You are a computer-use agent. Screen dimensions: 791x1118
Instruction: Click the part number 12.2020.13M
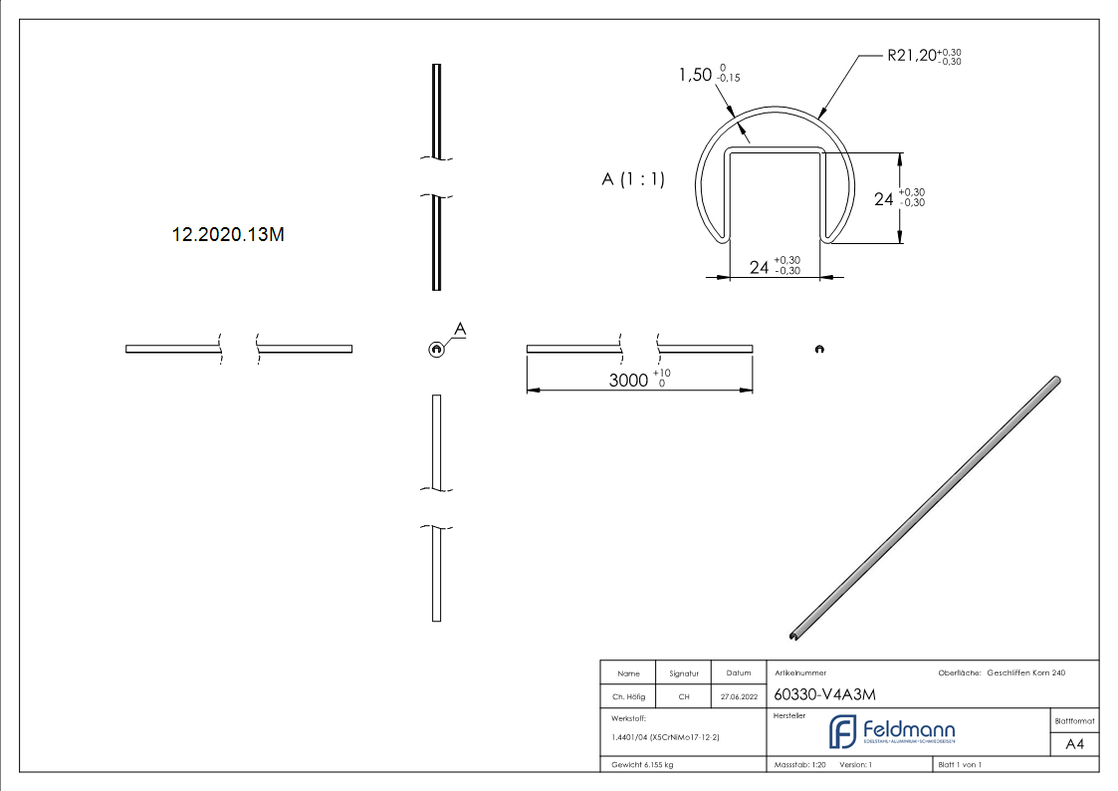pos(229,235)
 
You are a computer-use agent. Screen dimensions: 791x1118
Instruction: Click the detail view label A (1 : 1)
pos(633,179)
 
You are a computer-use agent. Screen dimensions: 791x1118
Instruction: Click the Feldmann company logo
pos(892,732)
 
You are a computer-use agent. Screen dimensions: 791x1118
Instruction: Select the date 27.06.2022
pos(738,696)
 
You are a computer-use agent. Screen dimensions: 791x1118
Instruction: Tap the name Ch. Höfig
pos(628,696)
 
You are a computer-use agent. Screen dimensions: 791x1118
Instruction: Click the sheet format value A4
pos(1074,744)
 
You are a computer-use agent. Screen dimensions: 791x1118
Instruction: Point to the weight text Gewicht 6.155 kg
pos(643,764)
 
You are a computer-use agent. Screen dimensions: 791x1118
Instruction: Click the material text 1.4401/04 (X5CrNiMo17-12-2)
pos(665,737)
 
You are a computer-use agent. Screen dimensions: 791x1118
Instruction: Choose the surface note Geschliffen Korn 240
pos(1025,673)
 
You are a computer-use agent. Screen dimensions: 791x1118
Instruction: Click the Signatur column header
pos(684,673)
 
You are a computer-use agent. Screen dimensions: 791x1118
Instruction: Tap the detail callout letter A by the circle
pos(460,328)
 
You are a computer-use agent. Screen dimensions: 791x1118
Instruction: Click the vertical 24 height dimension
pos(884,199)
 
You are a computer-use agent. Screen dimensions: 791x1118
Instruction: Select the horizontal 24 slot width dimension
pos(760,267)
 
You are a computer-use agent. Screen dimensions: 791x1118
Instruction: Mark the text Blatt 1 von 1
pos(960,764)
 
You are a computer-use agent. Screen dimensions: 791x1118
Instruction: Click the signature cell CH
pos(684,696)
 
